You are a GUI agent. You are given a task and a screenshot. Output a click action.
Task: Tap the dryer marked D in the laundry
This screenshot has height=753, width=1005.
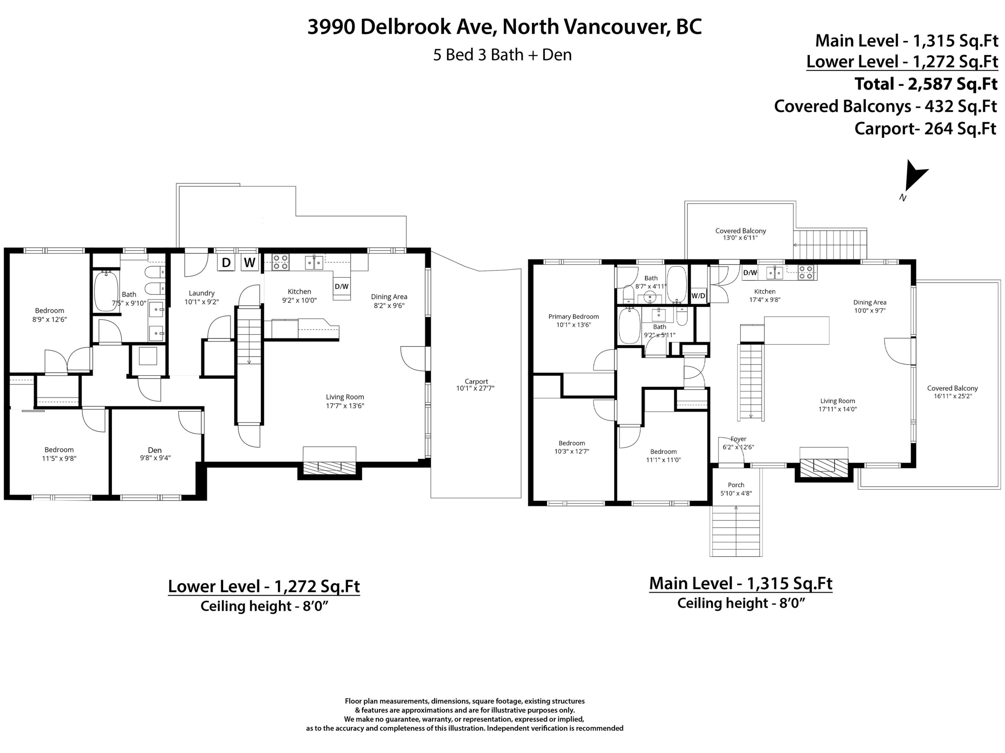(x=226, y=263)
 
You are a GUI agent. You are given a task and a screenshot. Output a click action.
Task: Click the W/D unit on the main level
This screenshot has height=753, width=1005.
(x=698, y=296)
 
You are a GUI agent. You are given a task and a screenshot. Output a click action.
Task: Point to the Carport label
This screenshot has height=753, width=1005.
(x=476, y=385)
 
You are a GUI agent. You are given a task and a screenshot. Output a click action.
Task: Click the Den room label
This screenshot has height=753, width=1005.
(x=155, y=454)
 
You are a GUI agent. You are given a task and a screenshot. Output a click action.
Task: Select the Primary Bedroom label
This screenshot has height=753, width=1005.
(x=574, y=321)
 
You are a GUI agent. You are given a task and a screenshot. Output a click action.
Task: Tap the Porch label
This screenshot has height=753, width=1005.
(x=736, y=489)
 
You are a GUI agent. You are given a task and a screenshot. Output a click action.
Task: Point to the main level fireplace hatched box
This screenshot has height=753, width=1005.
(x=824, y=468)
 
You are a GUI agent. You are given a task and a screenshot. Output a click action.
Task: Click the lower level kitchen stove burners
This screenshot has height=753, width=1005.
(x=280, y=262)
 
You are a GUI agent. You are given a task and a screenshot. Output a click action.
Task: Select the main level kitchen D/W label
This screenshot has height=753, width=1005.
(x=750, y=273)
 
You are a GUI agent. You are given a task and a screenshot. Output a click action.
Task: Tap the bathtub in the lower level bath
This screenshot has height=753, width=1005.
(x=106, y=291)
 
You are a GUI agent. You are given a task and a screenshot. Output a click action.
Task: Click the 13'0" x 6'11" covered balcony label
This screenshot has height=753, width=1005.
(x=741, y=234)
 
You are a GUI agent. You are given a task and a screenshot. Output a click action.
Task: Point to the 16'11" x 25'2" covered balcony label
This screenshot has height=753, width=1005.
(x=952, y=392)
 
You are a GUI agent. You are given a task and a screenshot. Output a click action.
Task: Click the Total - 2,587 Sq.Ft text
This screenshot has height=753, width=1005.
(x=926, y=84)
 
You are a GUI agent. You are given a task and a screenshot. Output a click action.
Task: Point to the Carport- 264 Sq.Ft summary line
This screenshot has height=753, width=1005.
(x=926, y=129)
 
